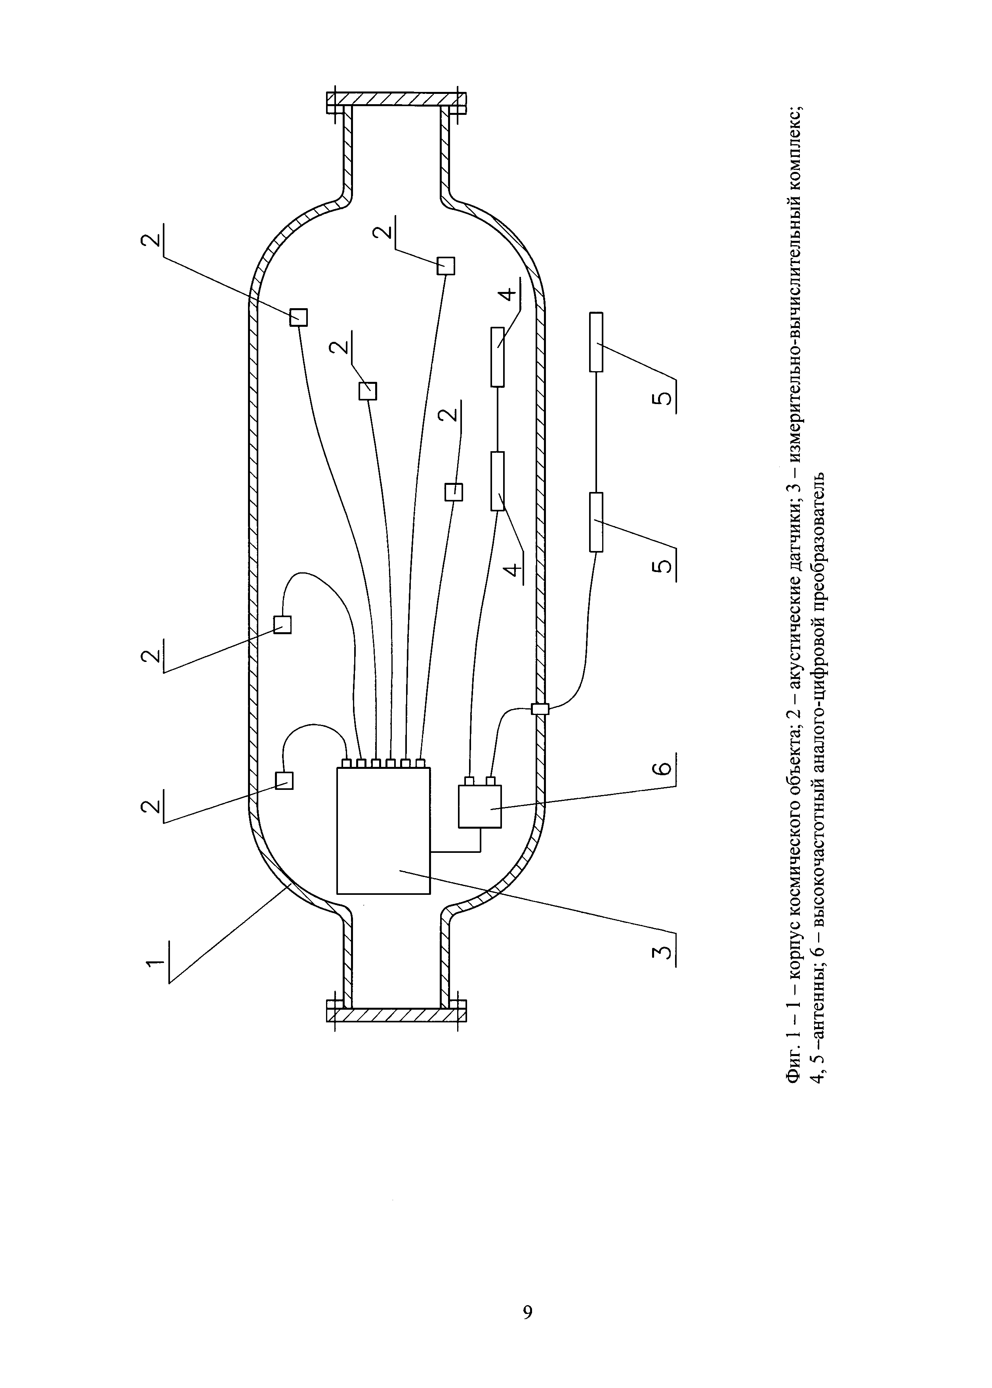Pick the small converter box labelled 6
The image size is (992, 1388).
pyautogui.click(x=480, y=806)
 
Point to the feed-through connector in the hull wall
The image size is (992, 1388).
pyautogui.click(x=541, y=709)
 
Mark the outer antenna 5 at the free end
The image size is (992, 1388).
pyautogui.click(x=596, y=342)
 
